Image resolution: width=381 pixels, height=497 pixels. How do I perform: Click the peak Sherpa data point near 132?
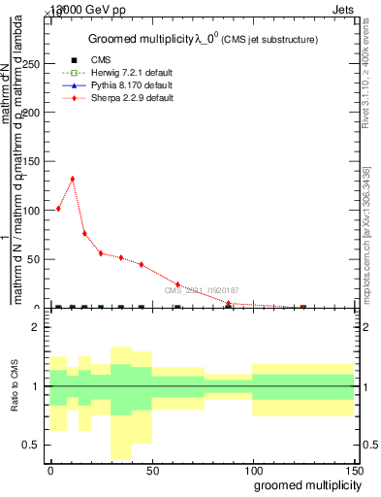pyautogui.click(x=72, y=179)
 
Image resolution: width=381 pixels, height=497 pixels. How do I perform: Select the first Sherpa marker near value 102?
pyautogui.click(x=58, y=209)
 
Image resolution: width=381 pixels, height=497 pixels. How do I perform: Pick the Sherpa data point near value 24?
pyautogui.click(x=177, y=284)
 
